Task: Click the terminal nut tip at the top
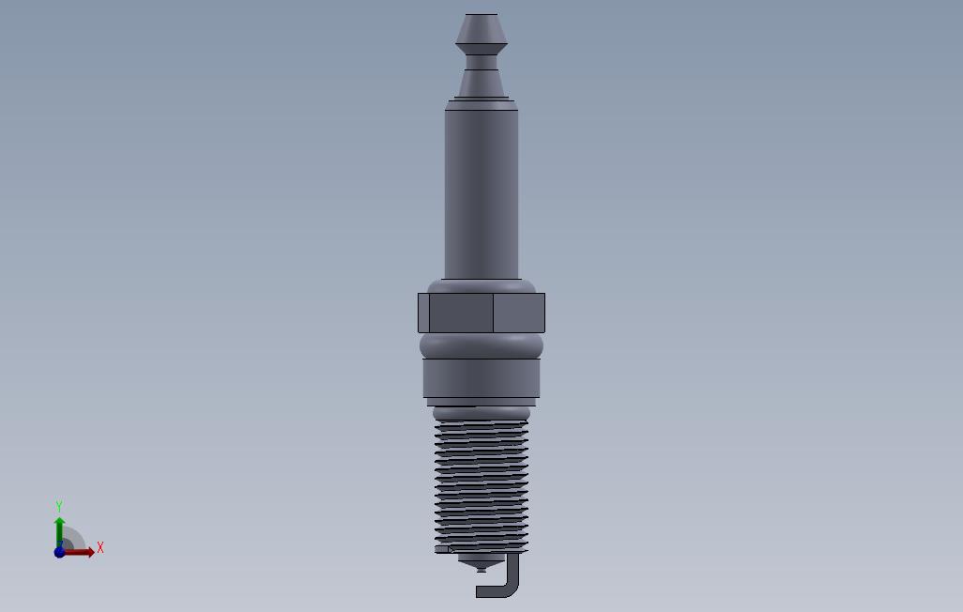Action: (481, 28)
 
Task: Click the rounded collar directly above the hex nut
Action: (481, 285)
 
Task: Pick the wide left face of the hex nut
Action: (461, 313)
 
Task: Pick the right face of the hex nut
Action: (519, 313)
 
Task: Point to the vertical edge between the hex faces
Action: (494, 313)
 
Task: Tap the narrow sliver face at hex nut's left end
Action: (423, 313)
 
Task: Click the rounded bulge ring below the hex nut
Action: (481, 345)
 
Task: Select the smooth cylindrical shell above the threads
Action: (481, 378)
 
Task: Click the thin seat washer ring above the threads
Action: (481, 403)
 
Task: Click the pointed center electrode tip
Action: (481, 567)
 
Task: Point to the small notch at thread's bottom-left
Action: (444, 549)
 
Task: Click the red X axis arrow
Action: (83, 552)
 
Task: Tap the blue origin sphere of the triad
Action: (60, 552)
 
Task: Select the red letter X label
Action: (100, 547)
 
